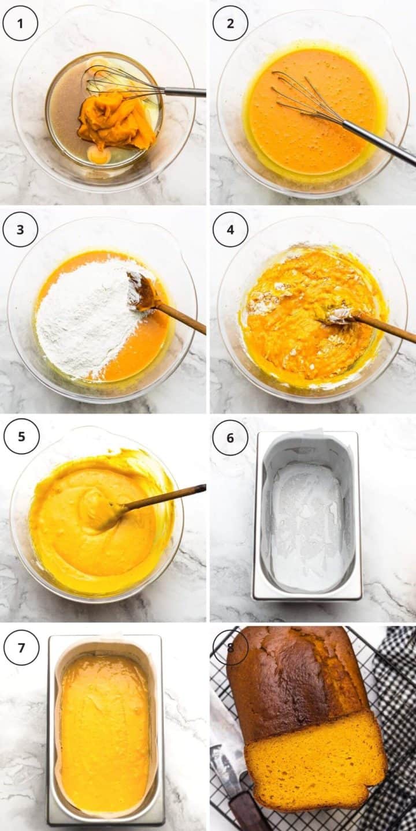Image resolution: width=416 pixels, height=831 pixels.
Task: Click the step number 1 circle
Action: tap(20, 23)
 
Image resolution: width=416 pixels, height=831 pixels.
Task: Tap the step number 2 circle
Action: tap(231, 23)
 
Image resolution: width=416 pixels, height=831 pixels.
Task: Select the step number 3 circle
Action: tap(20, 230)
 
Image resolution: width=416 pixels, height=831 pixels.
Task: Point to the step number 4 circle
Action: tap(231, 230)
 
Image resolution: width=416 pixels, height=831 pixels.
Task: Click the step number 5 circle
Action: tap(21, 436)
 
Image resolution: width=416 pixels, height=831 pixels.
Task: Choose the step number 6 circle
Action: tap(230, 437)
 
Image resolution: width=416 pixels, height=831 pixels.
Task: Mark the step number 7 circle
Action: tap(21, 647)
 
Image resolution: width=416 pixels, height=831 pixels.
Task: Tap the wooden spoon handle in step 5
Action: tap(168, 496)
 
